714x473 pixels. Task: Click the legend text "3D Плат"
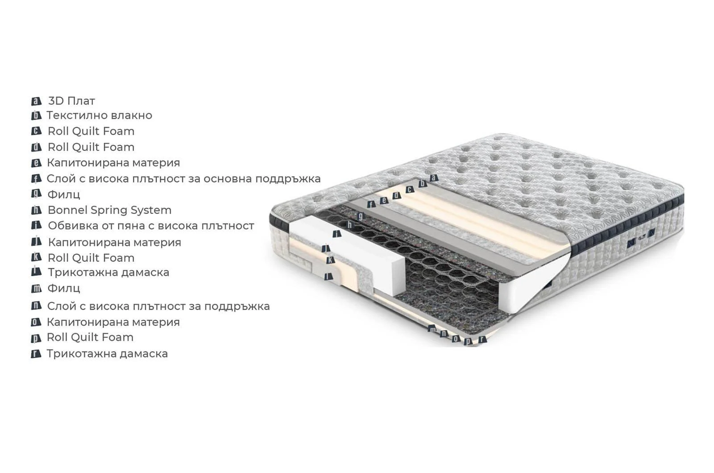coord(71,101)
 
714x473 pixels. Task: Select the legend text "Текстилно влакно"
coord(100,116)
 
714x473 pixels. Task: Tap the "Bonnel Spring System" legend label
coord(110,210)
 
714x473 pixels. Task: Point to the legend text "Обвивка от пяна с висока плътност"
coord(151,226)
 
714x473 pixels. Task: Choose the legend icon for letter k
coord(36,257)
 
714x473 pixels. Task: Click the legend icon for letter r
coord(36,354)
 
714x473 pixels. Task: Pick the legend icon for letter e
coord(36,163)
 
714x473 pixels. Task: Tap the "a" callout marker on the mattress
coord(434,178)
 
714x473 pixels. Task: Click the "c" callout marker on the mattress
coord(410,190)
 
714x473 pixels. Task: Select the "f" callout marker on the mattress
coord(371,204)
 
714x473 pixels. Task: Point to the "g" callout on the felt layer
coord(361,216)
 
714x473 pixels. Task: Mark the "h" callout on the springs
coord(350,225)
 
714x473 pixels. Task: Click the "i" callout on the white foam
coord(336,234)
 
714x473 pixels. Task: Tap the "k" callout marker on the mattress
coord(330,260)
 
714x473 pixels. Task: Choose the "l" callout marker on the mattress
coord(328,276)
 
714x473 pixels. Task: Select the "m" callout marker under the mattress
coord(432,328)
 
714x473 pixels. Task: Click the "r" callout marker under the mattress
coord(482,339)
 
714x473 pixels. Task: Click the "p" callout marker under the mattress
coord(468,341)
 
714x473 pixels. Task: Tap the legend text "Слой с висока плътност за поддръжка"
coord(158,306)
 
